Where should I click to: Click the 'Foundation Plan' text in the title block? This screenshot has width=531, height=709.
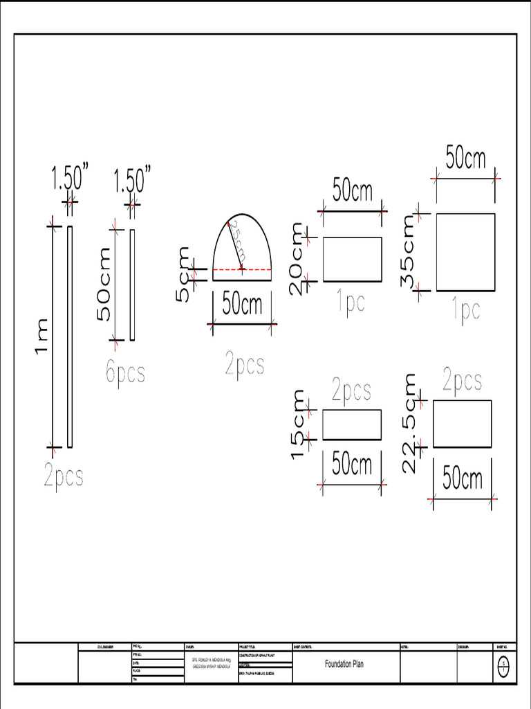(344, 664)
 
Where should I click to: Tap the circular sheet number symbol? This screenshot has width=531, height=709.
(503, 666)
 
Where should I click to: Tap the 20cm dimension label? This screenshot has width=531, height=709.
(298, 258)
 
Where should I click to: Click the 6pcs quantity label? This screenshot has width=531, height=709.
(125, 373)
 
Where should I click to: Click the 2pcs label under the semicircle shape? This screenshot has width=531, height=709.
(244, 364)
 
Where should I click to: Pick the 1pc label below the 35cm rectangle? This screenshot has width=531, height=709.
(466, 311)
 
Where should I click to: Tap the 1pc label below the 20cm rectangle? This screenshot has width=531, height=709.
(351, 303)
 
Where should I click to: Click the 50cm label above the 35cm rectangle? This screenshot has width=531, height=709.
(465, 159)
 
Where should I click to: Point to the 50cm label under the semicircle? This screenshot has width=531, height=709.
(243, 304)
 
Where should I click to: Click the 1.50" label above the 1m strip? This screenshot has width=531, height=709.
(70, 179)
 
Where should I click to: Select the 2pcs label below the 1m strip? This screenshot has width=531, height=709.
(64, 476)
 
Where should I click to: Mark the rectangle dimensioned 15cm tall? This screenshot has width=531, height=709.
(352, 424)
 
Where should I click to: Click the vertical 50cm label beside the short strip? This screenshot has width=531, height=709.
(104, 285)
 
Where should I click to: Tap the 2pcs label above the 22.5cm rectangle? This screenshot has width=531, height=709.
(463, 380)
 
